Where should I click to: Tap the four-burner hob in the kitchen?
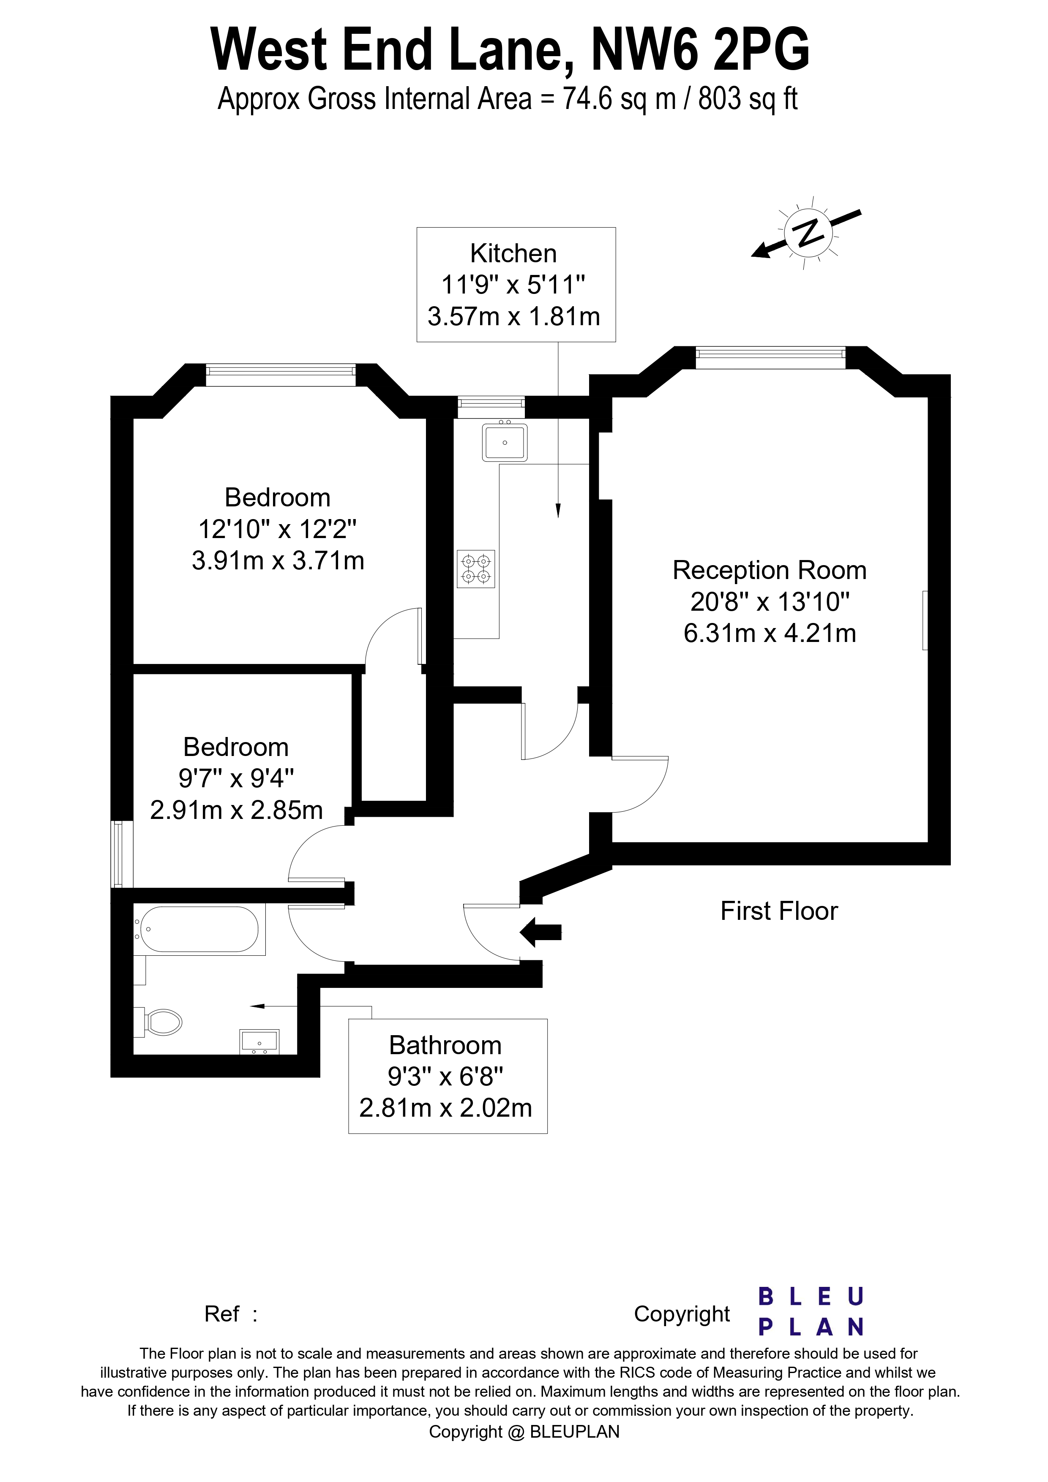coord(476,568)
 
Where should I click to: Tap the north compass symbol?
coord(807,232)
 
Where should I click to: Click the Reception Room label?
coord(769,571)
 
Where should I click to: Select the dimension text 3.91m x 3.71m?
coord(278,560)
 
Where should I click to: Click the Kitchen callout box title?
coord(513,254)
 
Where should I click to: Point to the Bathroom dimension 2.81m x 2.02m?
coord(445,1108)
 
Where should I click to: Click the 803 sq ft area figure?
coord(748,99)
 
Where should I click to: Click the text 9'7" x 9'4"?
coord(236,779)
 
